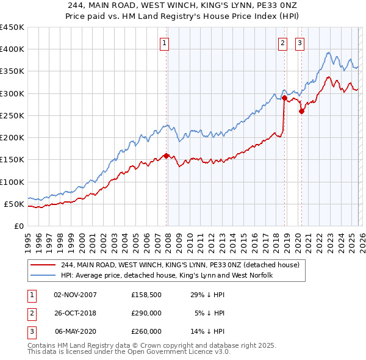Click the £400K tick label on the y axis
pos(12,49)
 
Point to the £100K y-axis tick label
pos(12,182)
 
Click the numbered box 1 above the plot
pos(165,43)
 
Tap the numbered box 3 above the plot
pos(300,43)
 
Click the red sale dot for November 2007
pos(166,156)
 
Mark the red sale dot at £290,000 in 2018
pos(284,98)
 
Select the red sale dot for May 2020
pos(301,111)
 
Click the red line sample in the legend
pos(43,265)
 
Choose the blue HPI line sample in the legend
pos(43,276)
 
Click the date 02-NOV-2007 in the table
pos(76,295)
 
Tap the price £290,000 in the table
pos(146,313)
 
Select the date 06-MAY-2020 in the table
pos(76,331)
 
